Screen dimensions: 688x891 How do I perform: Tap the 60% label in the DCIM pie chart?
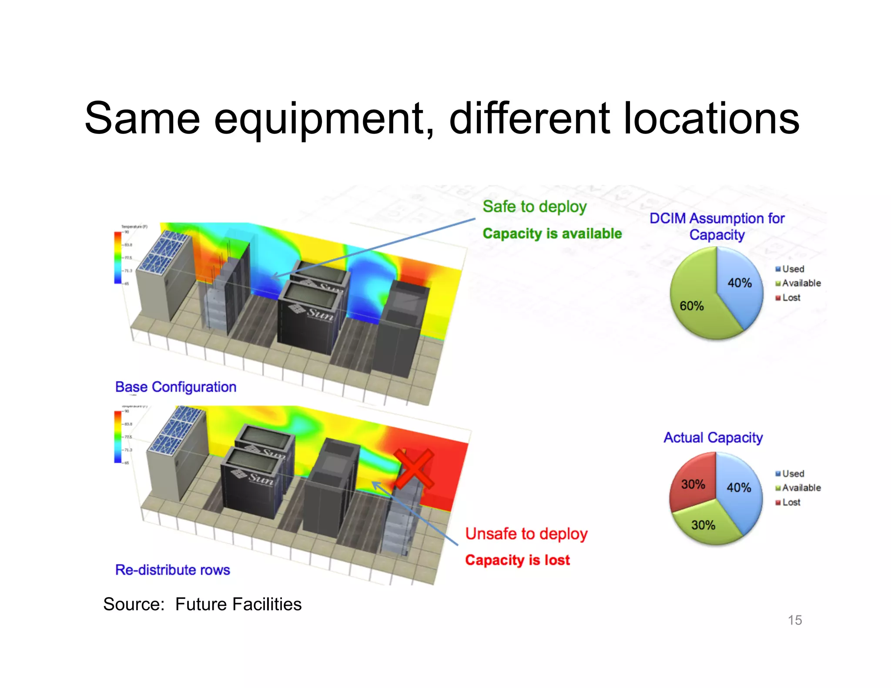691,306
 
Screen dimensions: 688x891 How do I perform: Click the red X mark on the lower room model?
414,469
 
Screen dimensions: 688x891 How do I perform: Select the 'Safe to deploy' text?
535,207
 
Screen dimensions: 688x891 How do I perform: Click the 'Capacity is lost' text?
517,560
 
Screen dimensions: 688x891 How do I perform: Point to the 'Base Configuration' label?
176,387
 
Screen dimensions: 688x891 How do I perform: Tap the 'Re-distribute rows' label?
173,570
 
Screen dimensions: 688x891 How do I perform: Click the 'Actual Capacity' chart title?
713,438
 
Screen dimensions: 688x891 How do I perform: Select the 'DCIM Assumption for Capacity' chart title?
717,226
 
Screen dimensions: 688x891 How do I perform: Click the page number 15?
794,620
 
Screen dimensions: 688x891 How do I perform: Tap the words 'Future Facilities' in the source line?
238,604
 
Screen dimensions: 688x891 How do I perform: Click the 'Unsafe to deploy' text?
526,534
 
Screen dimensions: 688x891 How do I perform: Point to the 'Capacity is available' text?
552,234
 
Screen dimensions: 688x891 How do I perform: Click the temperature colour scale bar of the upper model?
117,257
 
